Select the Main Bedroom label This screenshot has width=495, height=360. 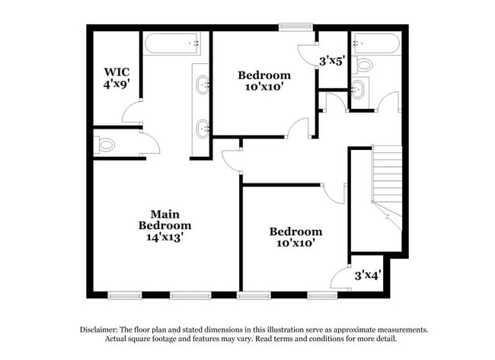(164, 220)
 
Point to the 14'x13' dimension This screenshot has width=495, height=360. (164, 237)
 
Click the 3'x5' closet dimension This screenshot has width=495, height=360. (332, 60)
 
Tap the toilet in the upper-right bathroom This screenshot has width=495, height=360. (363, 64)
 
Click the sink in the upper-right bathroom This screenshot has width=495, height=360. (359, 91)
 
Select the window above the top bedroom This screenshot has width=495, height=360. (295, 28)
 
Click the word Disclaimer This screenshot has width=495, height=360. (102, 330)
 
